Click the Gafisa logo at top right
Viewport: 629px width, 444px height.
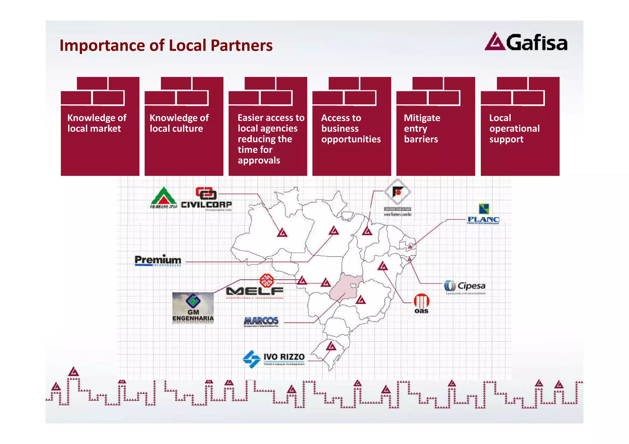(x=526, y=42)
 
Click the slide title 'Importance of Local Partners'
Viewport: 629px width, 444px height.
(x=166, y=45)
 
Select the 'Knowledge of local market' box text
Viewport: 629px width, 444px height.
(x=96, y=123)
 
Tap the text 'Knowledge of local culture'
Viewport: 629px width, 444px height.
(x=179, y=123)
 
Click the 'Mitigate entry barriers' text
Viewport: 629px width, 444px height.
(x=422, y=128)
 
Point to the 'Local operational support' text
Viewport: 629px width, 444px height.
(x=514, y=128)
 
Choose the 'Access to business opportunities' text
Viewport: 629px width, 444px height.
(x=350, y=128)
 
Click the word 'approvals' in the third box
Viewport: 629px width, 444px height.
(x=259, y=160)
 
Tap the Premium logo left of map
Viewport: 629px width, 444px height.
(x=158, y=261)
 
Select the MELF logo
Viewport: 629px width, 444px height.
(x=255, y=287)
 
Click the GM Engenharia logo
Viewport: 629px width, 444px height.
(x=193, y=308)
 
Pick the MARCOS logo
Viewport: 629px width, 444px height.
(x=261, y=321)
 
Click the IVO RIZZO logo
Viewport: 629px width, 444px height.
(x=274, y=358)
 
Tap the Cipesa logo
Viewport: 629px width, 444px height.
(x=465, y=286)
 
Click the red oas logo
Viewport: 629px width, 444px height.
(x=421, y=303)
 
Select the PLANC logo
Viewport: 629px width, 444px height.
(x=483, y=214)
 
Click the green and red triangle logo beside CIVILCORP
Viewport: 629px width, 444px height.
(x=163, y=198)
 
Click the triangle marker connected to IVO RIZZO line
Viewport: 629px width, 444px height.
(x=331, y=346)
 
